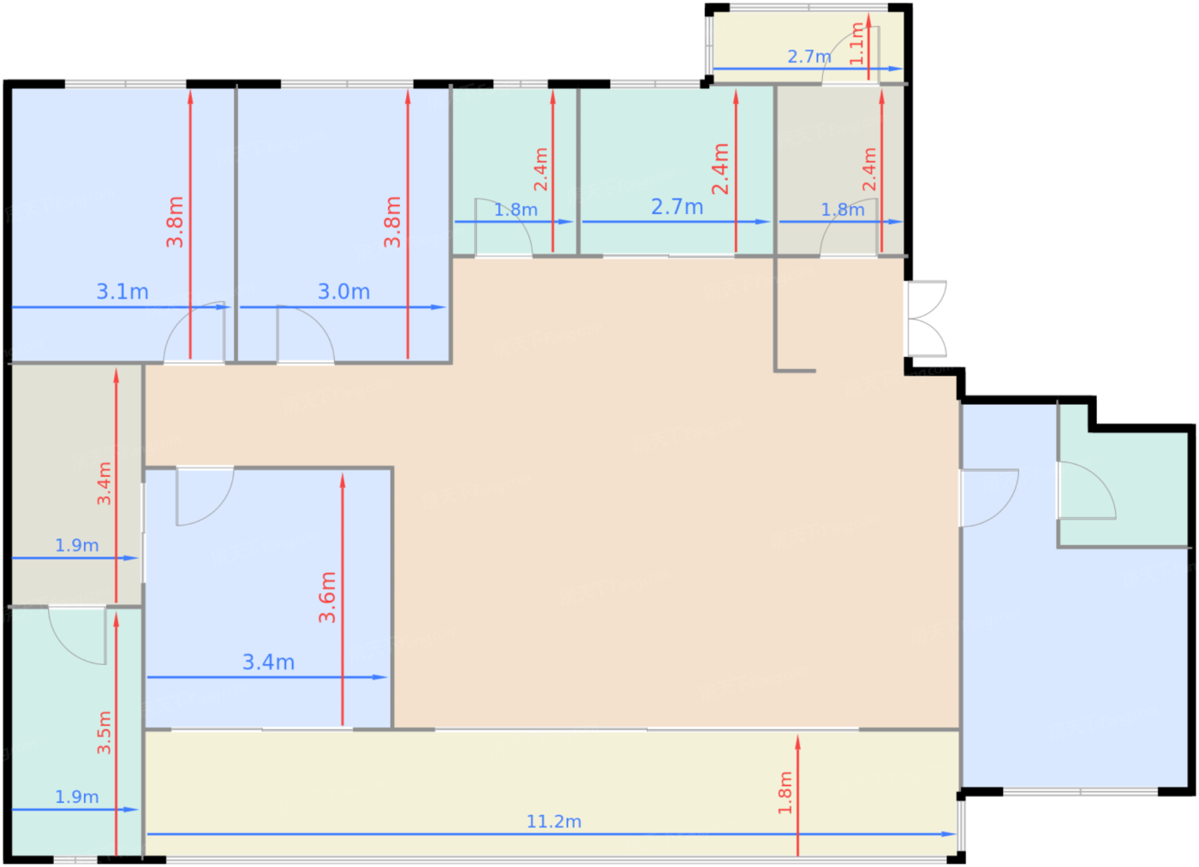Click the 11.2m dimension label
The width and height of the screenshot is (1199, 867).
click(553, 821)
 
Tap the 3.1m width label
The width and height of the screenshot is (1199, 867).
click(122, 292)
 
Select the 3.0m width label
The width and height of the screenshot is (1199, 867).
click(343, 292)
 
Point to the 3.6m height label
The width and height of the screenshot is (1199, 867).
click(327, 597)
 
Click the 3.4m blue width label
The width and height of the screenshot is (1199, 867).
click(268, 662)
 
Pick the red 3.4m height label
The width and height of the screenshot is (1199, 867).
click(104, 483)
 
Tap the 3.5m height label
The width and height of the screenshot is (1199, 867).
click(104, 733)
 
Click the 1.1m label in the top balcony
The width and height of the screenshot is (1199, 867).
click(857, 44)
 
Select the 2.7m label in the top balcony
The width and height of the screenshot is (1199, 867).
click(809, 56)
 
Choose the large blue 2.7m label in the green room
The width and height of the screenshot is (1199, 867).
click(677, 206)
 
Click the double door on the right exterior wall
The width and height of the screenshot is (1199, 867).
click(926, 318)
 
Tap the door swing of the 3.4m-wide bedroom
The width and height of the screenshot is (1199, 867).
click(205, 496)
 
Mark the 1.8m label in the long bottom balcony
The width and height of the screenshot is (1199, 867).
click(785, 793)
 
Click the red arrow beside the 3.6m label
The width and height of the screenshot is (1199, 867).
click(343, 599)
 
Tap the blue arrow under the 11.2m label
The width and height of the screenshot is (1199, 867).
click(552, 834)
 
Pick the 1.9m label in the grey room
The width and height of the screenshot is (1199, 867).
click(77, 545)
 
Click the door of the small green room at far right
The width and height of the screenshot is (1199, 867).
click(1087, 490)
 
